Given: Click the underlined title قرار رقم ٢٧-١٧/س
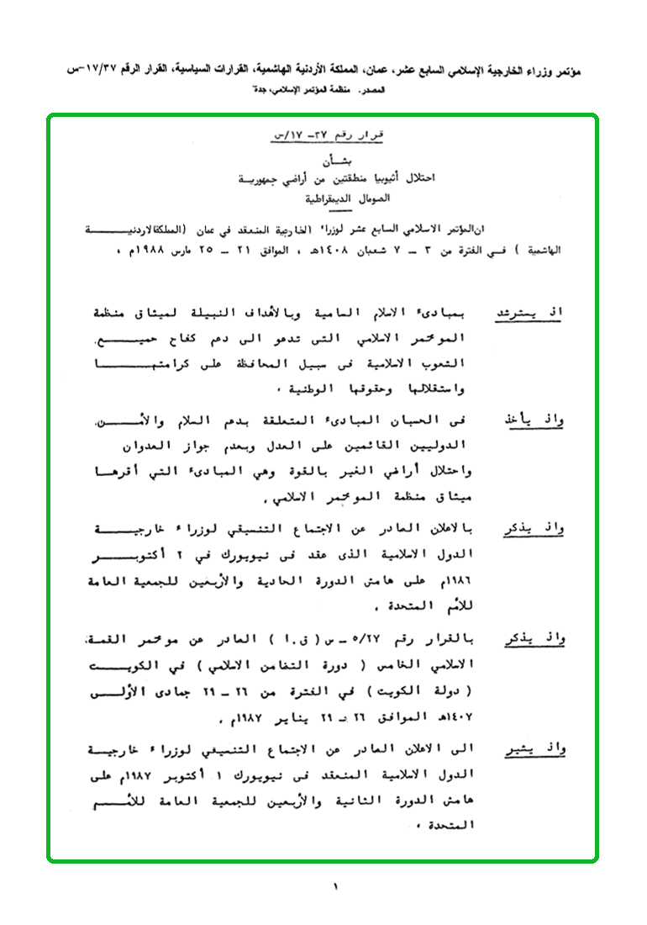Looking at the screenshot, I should point(323,135).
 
